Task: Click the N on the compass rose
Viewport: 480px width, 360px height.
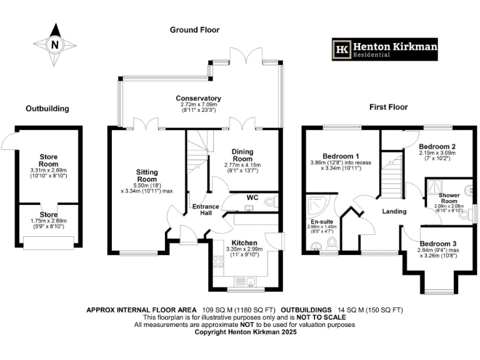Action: pyautogui.click(x=54, y=44)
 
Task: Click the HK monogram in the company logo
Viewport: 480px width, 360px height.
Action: pyautogui.click(x=342, y=48)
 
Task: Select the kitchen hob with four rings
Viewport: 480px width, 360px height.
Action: pyautogui.click(x=219, y=263)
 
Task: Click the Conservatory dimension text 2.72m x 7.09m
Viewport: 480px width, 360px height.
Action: pyautogui.click(x=198, y=106)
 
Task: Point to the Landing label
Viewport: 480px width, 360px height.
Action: pyautogui.click(x=394, y=211)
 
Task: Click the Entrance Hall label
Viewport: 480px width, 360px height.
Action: pyautogui.click(x=205, y=210)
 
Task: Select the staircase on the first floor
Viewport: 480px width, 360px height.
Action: pyautogui.click(x=393, y=176)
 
